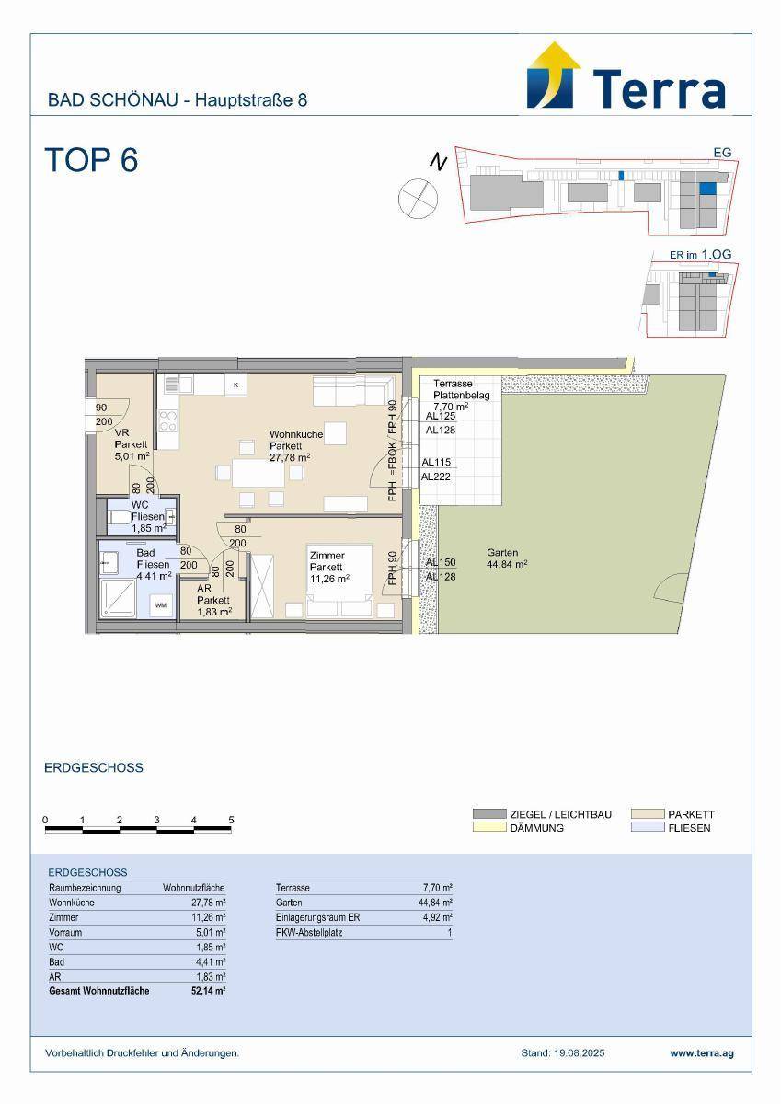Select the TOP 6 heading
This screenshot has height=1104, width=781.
pos(92,160)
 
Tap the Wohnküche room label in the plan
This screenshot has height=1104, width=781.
pos(296,434)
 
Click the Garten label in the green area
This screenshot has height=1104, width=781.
pos(502,553)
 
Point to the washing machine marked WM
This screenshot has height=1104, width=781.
pos(161,605)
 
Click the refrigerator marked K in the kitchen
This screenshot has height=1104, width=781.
pos(236,385)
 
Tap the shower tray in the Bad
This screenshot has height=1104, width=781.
pos(119,597)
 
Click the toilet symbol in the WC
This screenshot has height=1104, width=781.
pos(120,517)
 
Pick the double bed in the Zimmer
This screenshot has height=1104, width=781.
pos(339,581)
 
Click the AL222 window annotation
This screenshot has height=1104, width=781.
pos(436,477)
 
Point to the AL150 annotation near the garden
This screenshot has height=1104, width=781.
pos(441,562)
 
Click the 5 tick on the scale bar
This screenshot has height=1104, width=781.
pos(231,820)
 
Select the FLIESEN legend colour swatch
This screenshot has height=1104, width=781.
pos(648,827)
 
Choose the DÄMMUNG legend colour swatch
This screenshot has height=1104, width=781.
pos(489,827)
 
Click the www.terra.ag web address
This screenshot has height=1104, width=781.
pos(702,1053)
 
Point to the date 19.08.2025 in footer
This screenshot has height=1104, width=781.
pos(579,1053)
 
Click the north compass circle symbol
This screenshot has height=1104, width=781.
pos(418,198)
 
